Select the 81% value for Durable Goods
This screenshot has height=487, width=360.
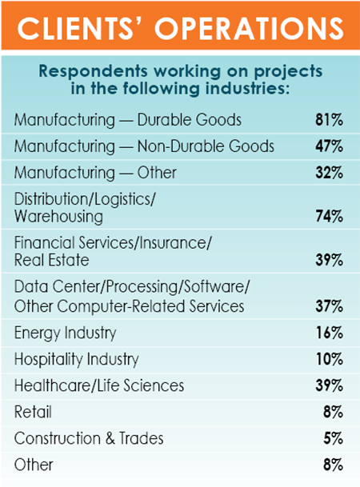[x=329, y=121]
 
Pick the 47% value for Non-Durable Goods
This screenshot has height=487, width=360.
[x=329, y=146]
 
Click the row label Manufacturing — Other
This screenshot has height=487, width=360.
[x=95, y=172]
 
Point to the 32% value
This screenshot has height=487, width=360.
[x=329, y=172]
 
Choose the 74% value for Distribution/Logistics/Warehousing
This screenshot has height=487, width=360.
[x=329, y=217]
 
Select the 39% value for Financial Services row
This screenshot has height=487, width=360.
[x=329, y=261]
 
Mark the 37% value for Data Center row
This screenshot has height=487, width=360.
[x=329, y=306]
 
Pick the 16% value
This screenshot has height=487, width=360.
[x=329, y=333]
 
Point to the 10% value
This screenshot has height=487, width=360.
[x=329, y=359]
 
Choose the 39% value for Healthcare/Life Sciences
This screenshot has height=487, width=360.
[x=329, y=385]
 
